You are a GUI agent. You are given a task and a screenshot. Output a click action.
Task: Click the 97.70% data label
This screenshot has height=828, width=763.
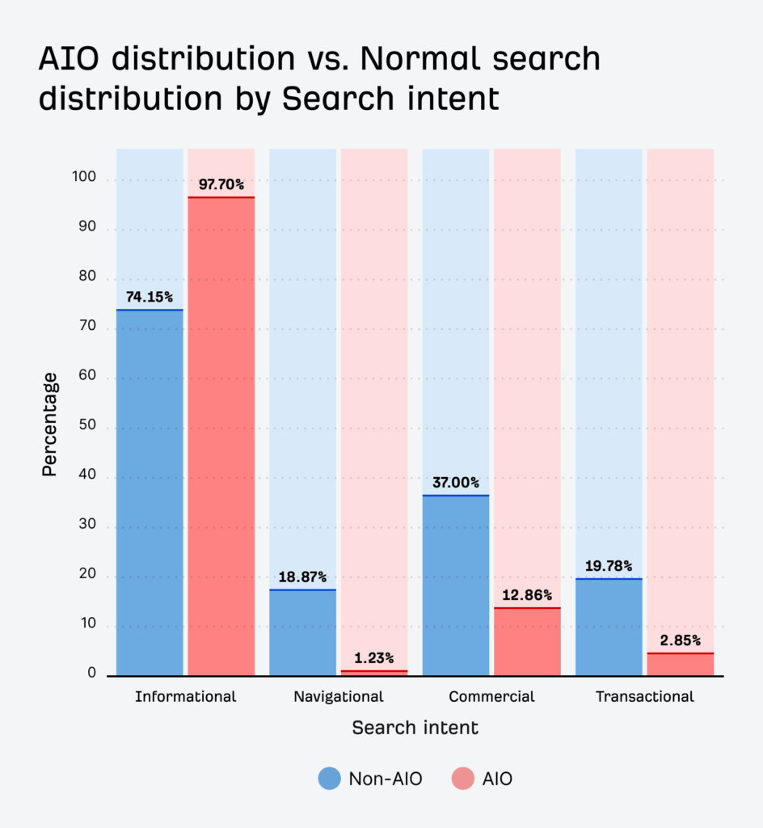coord(221,184)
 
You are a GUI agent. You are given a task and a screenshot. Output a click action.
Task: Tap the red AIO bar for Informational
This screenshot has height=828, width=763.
coord(221,437)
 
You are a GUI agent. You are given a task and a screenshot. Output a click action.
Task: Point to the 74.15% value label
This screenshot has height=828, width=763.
coord(150,297)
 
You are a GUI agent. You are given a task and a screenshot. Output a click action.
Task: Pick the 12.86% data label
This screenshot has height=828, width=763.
coord(527,595)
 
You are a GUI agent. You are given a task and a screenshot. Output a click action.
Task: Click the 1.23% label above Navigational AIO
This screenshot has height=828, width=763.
coord(373,658)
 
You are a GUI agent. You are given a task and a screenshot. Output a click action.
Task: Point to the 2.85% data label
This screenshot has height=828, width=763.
coord(680,640)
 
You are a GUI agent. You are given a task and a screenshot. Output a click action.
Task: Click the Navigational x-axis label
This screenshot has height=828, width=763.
coord(339,696)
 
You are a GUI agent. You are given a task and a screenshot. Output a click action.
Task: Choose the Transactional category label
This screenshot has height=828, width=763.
coord(644,696)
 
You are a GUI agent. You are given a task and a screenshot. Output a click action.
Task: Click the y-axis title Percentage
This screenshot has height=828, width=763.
coord(50,424)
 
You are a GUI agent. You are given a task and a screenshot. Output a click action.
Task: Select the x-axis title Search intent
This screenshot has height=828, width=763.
coord(415,728)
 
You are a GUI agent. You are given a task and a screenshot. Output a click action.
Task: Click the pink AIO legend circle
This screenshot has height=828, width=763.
coord(463,779)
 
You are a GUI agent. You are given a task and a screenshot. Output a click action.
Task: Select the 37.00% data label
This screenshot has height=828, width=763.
coord(455,483)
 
